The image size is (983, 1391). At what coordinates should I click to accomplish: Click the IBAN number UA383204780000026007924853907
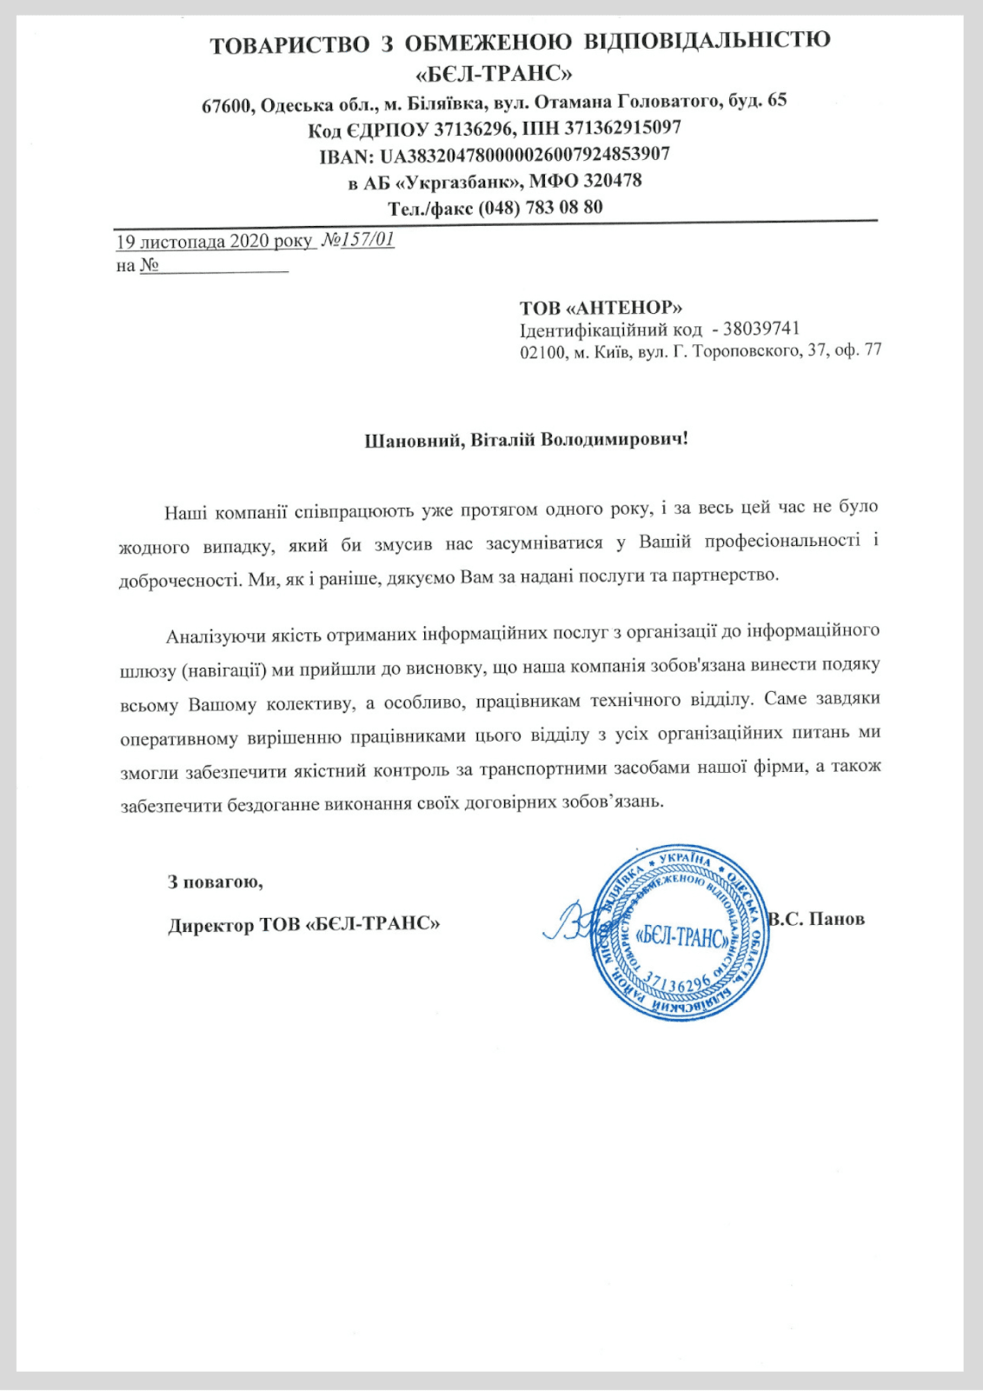click(x=525, y=155)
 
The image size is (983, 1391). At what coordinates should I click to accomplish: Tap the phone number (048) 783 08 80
click(x=540, y=208)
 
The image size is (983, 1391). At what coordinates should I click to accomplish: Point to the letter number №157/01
click(x=358, y=240)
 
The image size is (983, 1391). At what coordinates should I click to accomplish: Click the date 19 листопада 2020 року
click(x=214, y=241)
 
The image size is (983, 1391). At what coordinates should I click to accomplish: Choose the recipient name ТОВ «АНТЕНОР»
click(x=601, y=308)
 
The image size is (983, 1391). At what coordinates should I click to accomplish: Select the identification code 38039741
click(x=761, y=329)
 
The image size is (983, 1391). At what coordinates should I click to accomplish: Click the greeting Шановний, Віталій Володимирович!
click(x=526, y=439)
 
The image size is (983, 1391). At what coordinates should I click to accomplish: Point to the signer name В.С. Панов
click(x=817, y=919)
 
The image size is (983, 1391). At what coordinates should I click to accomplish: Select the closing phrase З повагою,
click(x=216, y=882)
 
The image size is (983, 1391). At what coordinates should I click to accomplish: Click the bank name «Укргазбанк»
click(x=456, y=182)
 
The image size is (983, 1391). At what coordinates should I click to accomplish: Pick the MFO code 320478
click(x=612, y=181)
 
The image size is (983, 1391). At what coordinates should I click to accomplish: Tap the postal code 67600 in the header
click(x=228, y=105)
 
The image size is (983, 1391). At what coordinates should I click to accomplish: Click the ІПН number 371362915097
click(x=622, y=128)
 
